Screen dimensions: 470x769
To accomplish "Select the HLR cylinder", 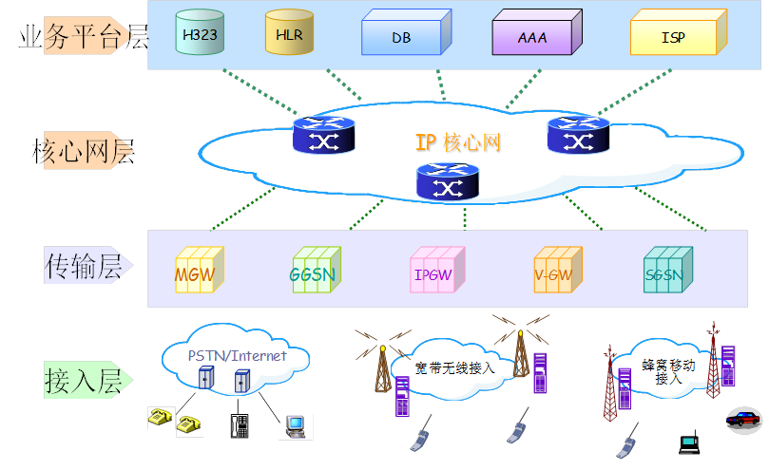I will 289,34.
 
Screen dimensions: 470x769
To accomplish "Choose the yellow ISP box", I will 676,37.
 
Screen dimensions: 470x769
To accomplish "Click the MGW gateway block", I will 199,272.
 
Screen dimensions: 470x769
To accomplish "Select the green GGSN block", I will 314,272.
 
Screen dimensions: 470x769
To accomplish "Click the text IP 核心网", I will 457,143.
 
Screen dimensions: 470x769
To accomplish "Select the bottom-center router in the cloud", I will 448,181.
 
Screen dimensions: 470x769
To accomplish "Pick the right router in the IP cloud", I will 578,135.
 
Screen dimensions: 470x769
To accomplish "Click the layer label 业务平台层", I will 84,36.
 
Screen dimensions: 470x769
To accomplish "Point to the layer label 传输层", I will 84,267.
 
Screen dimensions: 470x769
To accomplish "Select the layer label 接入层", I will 84,382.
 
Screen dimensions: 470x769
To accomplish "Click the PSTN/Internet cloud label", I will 237,356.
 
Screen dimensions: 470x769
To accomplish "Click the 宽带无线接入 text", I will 455,367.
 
